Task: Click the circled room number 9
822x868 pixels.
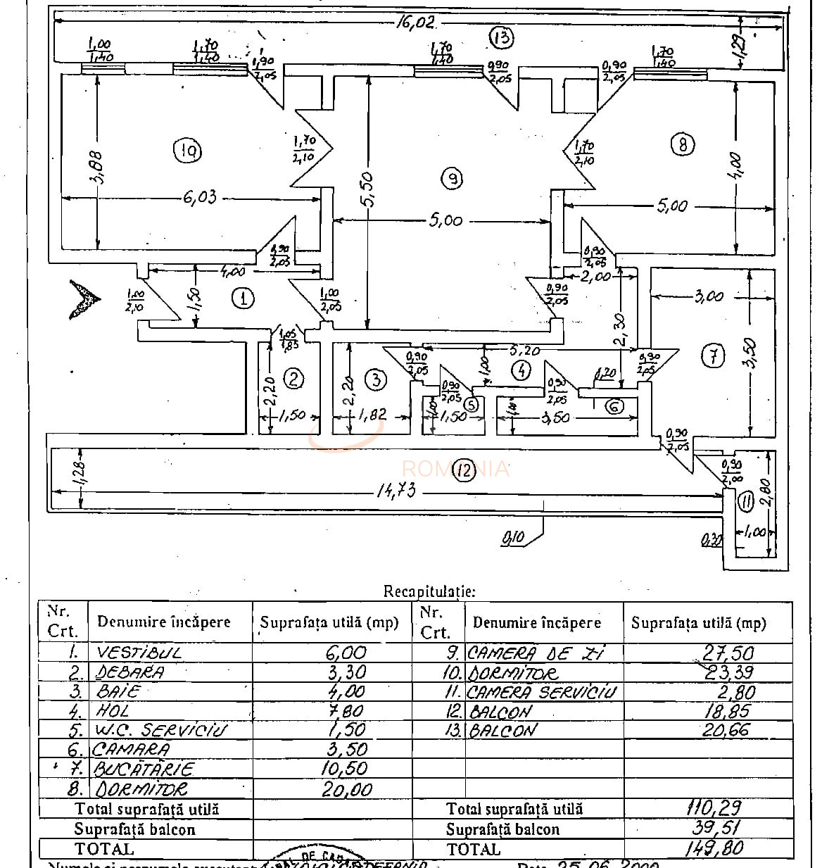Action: pos(452,180)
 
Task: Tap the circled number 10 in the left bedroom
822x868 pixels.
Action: pos(189,151)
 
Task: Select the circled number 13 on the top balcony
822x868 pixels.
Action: pos(502,37)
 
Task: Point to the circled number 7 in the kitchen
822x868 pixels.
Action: pos(714,356)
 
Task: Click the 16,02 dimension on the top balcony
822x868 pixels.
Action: pos(415,22)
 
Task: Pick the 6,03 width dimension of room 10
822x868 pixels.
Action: pos(200,197)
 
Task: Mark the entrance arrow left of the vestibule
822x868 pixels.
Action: pos(84,298)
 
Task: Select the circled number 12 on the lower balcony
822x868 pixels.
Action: pos(463,470)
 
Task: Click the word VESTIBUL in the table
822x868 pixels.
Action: pos(139,653)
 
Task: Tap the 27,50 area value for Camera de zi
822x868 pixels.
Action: pos(728,653)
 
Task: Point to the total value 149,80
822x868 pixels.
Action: pos(714,848)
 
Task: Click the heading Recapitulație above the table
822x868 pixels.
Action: pos(429,591)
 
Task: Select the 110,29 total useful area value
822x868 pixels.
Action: pos(714,807)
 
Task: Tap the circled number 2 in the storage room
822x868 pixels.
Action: pos(293,379)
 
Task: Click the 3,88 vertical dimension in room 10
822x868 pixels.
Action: pos(96,167)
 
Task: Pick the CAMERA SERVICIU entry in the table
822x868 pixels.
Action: pos(540,692)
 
